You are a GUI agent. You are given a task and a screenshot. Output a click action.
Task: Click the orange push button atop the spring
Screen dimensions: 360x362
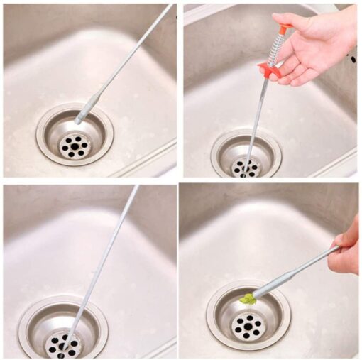(x=285, y=29)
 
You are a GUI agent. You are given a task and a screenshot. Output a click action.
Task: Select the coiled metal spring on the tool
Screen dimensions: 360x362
(x=277, y=48)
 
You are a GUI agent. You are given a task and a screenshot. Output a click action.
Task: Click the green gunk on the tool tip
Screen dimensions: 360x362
(x=248, y=299)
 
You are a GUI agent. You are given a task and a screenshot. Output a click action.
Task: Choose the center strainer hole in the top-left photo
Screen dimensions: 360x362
(x=74, y=146)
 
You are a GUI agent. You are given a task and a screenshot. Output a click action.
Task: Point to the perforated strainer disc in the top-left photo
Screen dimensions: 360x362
(x=74, y=145)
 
